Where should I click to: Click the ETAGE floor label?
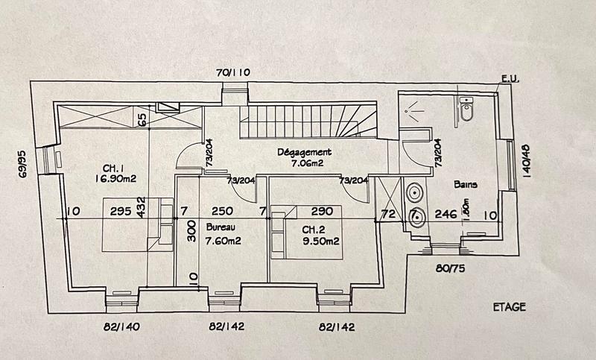coord(509,306)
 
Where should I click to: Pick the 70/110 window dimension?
coord(233,73)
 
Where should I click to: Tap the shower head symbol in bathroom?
coord(412,110)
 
